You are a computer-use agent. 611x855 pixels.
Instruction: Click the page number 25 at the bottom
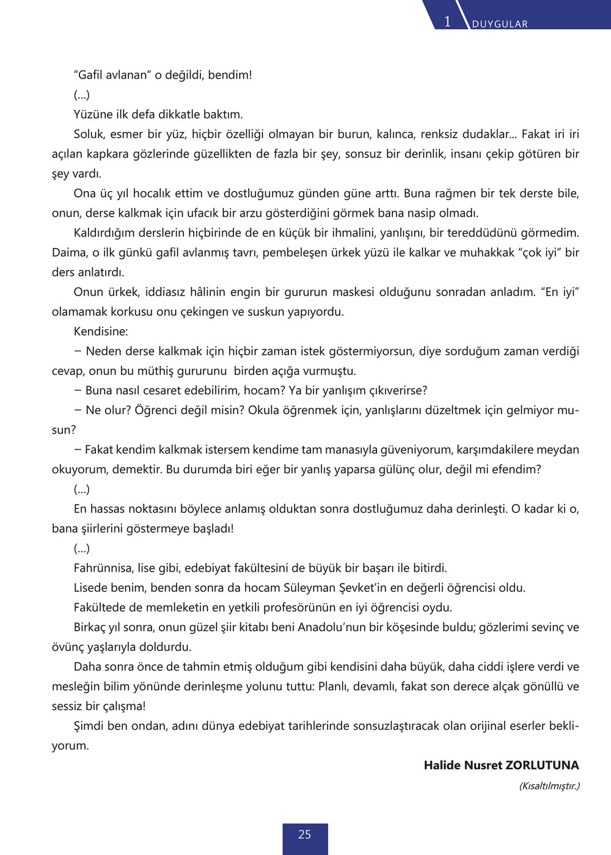click(304, 834)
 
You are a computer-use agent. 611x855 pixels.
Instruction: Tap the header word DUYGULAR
click(500, 24)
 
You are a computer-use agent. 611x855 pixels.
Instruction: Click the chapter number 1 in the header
click(447, 22)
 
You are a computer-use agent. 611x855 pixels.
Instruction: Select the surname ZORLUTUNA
click(542, 765)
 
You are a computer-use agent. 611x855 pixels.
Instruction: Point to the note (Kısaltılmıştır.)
click(549, 786)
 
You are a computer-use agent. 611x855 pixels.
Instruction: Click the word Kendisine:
click(101, 332)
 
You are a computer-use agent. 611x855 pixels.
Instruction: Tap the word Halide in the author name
click(444, 765)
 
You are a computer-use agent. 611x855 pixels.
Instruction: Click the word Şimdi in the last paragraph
click(90, 726)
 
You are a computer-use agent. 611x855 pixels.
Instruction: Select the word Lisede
click(91, 588)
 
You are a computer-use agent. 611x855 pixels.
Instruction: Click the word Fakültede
click(101, 608)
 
